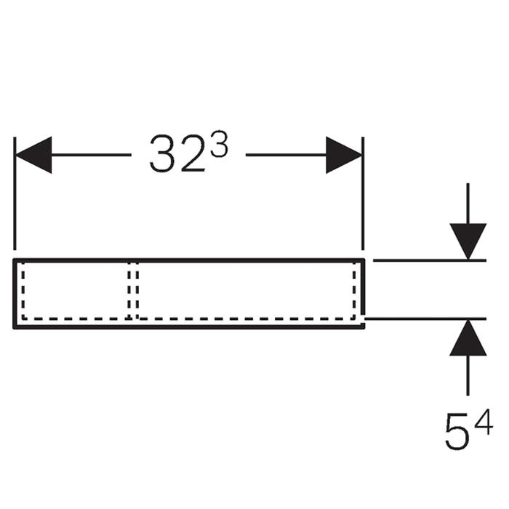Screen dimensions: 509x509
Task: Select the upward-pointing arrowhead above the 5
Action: pos(468,338)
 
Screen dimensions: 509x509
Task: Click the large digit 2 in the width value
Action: pos(193,153)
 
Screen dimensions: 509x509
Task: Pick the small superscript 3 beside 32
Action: pos(219,145)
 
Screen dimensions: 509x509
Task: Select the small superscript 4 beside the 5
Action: pos(484,422)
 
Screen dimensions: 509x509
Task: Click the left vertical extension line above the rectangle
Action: pos(15,194)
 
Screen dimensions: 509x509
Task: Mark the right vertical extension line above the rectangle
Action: pos(363,194)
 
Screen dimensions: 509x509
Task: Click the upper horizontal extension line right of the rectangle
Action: pos(430,260)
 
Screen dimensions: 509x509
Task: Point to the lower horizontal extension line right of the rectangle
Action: pos(425,319)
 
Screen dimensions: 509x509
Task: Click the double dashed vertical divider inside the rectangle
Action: pos(133,290)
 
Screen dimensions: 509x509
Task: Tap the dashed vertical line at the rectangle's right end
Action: pos(354,290)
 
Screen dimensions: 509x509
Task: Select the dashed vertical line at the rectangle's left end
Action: pos(23,290)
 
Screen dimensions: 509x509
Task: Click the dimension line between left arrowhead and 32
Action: pos(91,155)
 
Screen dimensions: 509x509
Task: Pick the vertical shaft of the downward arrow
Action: pos(468,204)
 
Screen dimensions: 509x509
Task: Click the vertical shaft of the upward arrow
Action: pos(468,376)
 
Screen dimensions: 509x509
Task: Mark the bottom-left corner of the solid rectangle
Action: pos(15,327)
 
